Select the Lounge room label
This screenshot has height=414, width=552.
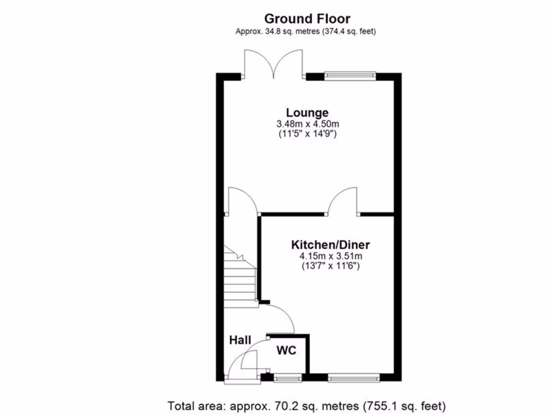click(307, 113)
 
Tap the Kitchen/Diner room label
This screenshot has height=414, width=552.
click(331, 244)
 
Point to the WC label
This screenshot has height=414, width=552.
click(286, 351)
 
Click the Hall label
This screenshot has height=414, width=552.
click(240, 340)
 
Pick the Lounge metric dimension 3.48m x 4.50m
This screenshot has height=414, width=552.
click(307, 123)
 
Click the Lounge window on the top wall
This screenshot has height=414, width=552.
click(350, 76)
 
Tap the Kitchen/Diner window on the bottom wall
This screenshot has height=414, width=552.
click(354, 378)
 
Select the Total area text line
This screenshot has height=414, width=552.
click(307, 405)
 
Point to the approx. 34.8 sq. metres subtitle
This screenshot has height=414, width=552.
click(306, 31)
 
